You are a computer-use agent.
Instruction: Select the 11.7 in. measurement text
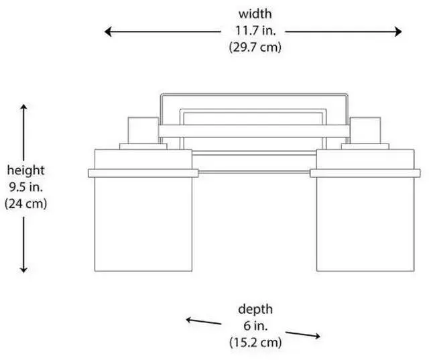(x=255, y=31)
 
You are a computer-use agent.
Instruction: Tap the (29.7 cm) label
(x=255, y=47)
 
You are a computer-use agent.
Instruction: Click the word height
(x=25, y=170)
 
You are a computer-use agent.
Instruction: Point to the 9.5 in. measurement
(x=25, y=186)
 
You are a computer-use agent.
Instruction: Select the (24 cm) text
(x=25, y=203)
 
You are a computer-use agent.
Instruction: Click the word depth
(x=255, y=309)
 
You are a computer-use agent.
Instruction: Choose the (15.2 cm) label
(x=255, y=342)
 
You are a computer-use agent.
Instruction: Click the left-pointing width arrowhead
(x=107, y=31)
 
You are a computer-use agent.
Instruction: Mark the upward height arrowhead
(x=24, y=107)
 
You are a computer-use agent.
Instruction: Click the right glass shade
(x=365, y=225)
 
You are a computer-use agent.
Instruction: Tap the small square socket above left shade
(x=143, y=129)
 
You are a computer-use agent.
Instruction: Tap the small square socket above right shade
(x=365, y=129)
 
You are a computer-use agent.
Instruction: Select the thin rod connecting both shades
(x=255, y=173)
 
